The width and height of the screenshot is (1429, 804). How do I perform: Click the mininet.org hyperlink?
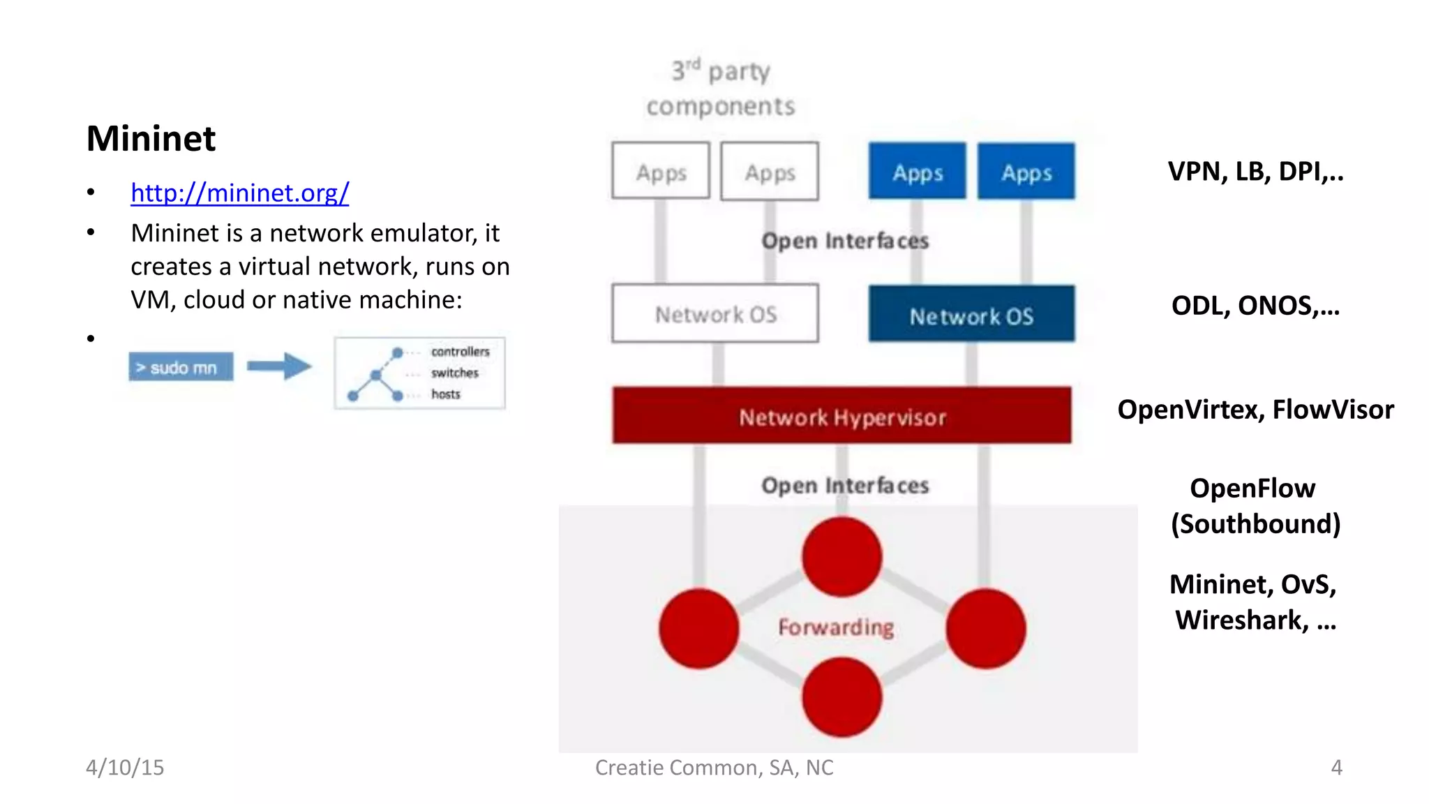pos(239,193)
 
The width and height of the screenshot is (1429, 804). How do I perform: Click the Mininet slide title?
pos(151,138)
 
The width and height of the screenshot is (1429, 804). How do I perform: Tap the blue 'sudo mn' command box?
pos(181,367)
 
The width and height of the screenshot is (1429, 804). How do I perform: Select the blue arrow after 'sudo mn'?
pos(279,366)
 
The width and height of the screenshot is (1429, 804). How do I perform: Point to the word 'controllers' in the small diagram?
pos(460,351)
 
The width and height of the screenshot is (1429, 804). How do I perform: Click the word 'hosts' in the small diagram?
pos(445,394)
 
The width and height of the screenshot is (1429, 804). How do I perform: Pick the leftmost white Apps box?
pos(660,172)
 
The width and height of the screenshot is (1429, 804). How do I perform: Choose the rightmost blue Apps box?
pos(1026,172)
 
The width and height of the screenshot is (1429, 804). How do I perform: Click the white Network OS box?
pos(715,313)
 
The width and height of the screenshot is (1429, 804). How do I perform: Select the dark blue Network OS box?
pos(971,315)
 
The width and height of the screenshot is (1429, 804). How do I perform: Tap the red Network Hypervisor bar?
pos(841,416)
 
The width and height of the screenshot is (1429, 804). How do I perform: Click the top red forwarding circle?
pos(841,557)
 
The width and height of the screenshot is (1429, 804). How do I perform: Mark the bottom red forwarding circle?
pos(841,697)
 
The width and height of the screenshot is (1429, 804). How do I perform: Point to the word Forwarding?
pos(835,627)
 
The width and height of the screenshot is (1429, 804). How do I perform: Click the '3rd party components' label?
pos(720,89)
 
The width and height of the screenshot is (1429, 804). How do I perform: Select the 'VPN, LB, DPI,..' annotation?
pos(1255,171)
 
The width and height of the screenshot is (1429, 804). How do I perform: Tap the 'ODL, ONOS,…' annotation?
pos(1255,306)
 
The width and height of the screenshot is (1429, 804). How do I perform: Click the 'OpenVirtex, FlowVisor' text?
pos(1255,409)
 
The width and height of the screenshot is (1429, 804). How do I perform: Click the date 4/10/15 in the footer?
pos(125,767)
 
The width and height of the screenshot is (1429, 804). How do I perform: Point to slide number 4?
pos(1336,767)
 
